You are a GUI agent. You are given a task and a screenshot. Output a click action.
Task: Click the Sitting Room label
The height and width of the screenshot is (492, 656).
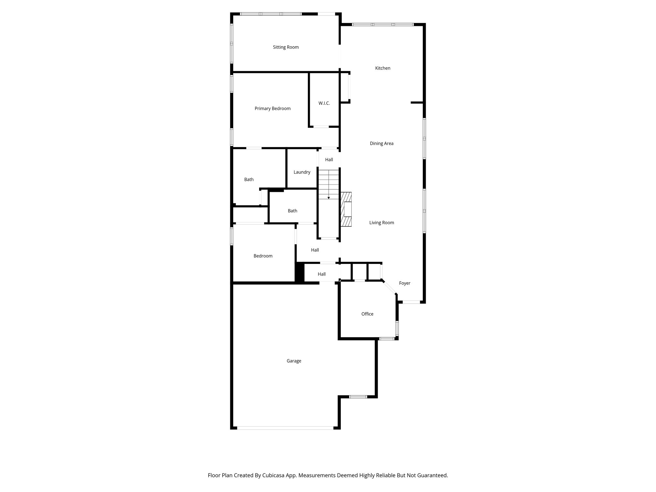pyautogui.click(x=286, y=47)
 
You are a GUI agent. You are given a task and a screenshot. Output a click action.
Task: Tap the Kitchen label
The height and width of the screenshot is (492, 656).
pyautogui.click(x=383, y=68)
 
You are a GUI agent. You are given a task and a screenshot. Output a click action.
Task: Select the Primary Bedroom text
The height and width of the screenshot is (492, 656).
pyautogui.click(x=273, y=109)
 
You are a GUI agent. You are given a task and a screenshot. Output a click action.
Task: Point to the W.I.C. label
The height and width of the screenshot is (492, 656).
pyautogui.click(x=324, y=103)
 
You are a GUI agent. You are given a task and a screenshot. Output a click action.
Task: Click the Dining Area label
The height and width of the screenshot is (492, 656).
pyautogui.click(x=381, y=143)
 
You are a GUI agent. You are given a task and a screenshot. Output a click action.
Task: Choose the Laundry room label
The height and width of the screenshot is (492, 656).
pyautogui.click(x=302, y=172)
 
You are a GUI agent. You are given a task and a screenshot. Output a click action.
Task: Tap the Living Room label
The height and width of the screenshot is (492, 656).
pyautogui.click(x=381, y=223)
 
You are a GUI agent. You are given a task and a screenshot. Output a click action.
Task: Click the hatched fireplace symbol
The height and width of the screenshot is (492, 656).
pyautogui.click(x=346, y=209)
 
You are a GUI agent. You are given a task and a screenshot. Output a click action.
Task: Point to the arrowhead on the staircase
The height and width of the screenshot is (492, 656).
pyautogui.click(x=329, y=198)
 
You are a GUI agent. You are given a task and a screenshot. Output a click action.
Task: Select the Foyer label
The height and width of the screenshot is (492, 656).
pyautogui.click(x=405, y=283)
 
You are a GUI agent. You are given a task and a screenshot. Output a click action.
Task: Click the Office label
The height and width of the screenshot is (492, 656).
pyautogui.click(x=367, y=314)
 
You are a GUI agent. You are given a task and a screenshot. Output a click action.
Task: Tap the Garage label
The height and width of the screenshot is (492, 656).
pyautogui.click(x=294, y=361)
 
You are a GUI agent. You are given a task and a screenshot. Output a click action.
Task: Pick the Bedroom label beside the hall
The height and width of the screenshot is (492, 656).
pyautogui.click(x=263, y=256)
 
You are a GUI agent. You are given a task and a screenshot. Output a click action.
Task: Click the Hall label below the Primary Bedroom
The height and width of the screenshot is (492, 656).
pyautogui.click(x=329, y=160)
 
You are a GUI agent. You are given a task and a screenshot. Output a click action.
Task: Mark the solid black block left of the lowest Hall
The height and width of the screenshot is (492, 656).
pyautogui.click(x=299, y=272)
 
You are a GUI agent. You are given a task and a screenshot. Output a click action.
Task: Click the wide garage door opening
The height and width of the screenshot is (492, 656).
pyautogui.click(x=285, y=428)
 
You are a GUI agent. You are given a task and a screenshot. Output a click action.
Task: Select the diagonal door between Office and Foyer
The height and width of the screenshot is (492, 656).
pyautogui.click(x=390, y=287)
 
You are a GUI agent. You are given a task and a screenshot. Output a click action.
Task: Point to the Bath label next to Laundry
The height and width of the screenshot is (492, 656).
pyautogui.click(x=249, y=180)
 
